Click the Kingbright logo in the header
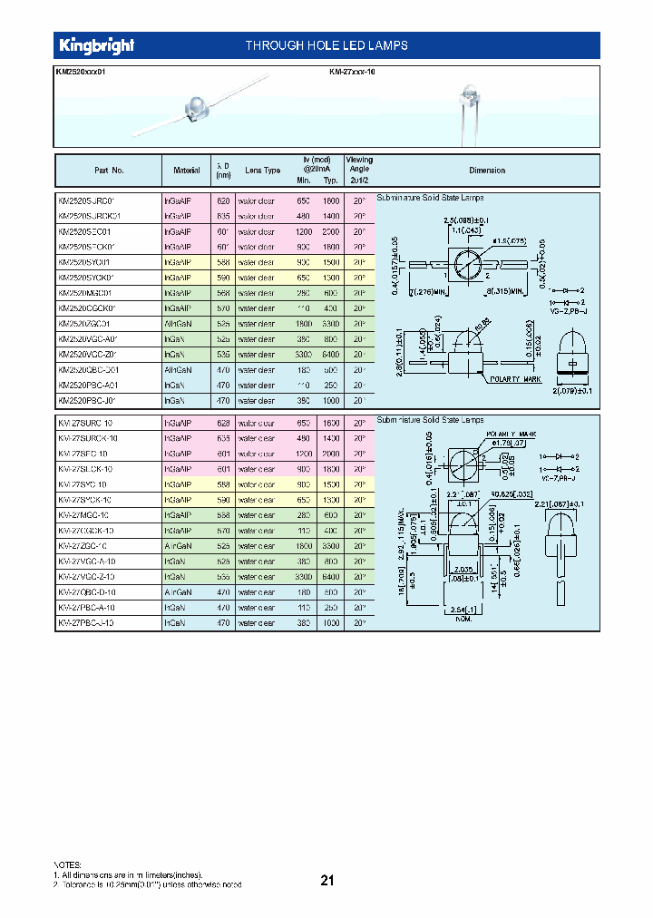(97, 45)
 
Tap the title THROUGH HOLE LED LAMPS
(326, 45)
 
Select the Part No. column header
(109, 171)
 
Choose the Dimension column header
(487, 171)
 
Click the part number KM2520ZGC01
(85, 323)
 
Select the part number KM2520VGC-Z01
(89, 354)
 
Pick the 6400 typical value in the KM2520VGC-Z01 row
(332, 354)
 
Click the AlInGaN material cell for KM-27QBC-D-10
(179, 591)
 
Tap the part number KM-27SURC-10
(84, 423)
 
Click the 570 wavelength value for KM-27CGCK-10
(220, 530)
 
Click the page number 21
(327, 879)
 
